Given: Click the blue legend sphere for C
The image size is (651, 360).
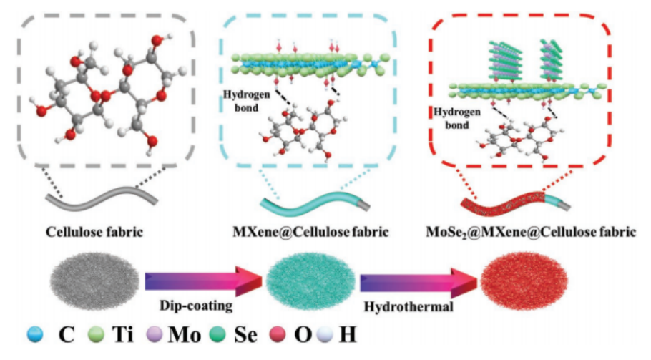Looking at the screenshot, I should pyautogui.click(x=34, y=334).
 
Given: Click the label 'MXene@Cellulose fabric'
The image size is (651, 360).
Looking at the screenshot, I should pyautogui.click(x=309, y=233).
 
